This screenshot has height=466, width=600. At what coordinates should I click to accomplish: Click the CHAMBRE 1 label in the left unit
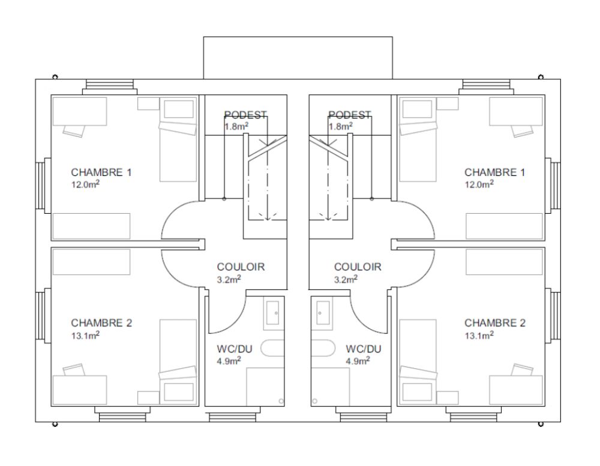tap(101, 172)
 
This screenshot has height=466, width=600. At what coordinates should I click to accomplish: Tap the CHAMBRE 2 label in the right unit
tap(495, 323)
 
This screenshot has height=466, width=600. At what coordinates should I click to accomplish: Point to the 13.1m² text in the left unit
tap(85, 336)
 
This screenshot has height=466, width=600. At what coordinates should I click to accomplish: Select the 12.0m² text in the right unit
tap(479, 184)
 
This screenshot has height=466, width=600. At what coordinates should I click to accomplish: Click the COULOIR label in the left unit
tap(241, 267)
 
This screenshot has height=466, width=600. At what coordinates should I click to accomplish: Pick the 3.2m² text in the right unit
tap(346, 279)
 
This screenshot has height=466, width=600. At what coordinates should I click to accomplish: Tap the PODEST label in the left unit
tap(245, 115)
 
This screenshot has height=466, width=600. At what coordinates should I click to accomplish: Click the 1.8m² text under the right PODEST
tap(341, 126)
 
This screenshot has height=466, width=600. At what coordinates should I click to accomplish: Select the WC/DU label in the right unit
tap(364, 349)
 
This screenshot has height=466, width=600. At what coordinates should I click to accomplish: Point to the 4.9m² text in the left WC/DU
tap(229, 361)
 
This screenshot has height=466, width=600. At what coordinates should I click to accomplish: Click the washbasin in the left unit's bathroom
tap(274, 313)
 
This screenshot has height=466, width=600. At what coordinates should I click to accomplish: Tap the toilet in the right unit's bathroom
tap(323, 348)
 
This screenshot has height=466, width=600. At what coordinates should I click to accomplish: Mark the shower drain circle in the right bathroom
tap(314, 401)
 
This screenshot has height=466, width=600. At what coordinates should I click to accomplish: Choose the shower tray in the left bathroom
tap(265, 387)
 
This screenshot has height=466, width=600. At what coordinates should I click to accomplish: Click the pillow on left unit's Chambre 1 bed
tap(179, 109)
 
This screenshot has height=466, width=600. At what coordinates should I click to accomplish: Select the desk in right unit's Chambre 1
tap(516, 111)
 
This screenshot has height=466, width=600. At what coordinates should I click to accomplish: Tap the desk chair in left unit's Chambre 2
tap(73, 371)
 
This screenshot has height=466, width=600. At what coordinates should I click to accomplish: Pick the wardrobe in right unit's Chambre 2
tap(505, 262)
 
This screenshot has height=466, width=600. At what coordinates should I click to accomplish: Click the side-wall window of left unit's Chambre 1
tap(43, 186)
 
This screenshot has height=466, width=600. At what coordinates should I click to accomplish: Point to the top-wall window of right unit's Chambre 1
tap(487, 86)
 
